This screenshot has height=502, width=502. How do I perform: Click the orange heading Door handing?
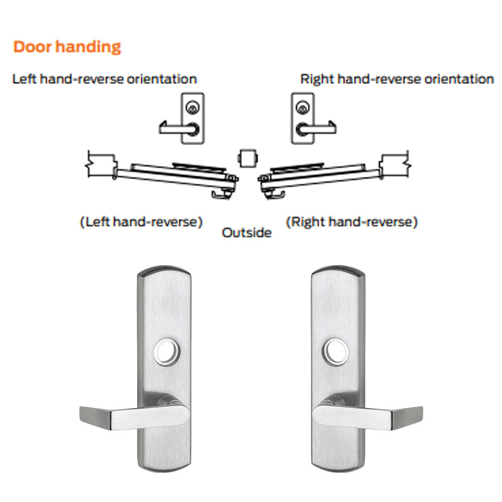[x=67, y=47]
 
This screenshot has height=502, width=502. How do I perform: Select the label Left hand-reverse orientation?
[x=104, y=79]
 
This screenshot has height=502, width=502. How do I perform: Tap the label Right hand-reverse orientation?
[x=397, y=79]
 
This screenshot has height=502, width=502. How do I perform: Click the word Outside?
[x=246, y=232]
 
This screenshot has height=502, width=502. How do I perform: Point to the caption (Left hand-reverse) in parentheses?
[x=141, y=221]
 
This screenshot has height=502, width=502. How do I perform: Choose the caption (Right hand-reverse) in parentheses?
[x=351, y=221]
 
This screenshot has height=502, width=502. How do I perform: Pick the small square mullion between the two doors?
[x=248, y=158]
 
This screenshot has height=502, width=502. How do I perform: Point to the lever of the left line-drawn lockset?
[x=179, y=128]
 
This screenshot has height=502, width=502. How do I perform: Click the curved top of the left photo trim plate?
[x=164, y=271]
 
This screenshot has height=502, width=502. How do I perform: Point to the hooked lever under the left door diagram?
[x=220, y=194]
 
